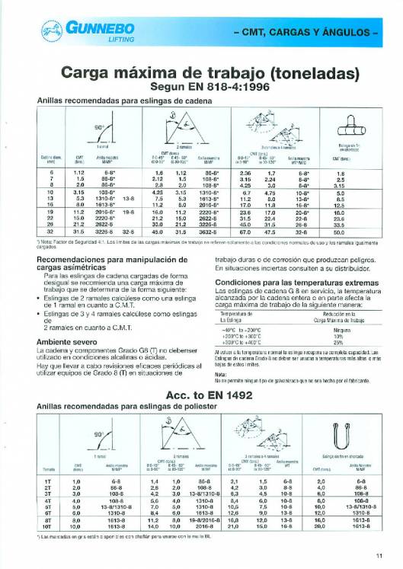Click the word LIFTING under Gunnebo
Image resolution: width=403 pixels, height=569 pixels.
[x=79, y=40]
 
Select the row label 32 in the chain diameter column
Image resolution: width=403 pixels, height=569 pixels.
[x=50, y=231]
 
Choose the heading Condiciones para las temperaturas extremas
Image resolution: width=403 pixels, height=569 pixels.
[x=287, y=281]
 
